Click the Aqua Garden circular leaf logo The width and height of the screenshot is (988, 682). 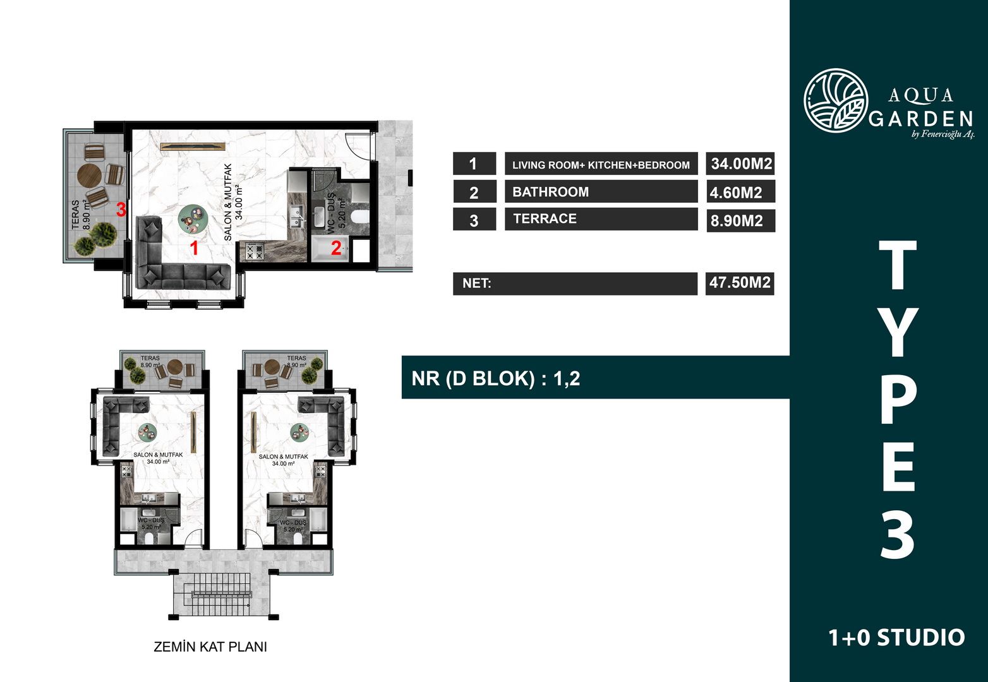(x=836, y=100)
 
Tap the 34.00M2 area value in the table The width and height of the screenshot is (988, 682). (x=742, y=164)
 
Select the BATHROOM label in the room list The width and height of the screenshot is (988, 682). (x=550, y=192)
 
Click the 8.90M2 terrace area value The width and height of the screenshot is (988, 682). (x=737, y=220)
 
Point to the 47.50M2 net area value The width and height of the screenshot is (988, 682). (x=740, y=282)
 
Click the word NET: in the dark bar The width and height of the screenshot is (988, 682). (x=477, y=283)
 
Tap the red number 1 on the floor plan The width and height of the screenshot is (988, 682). (x=194, y=249)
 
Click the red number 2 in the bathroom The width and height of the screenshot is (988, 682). (x=336, y=248)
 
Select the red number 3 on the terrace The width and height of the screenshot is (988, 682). (x=121, y=210)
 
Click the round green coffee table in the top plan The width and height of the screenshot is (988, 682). (x=193, y=218)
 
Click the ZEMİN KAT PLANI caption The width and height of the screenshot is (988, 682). (x=210, y=647)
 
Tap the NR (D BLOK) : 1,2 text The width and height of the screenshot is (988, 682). (x=496, y=379)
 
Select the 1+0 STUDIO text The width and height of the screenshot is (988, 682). (x=897, y=638)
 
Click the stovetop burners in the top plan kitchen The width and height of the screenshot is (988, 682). (x=255, y=252)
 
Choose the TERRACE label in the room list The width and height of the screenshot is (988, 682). (x=545, y=218)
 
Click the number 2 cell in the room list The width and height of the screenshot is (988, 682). (x=474, y=192)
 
